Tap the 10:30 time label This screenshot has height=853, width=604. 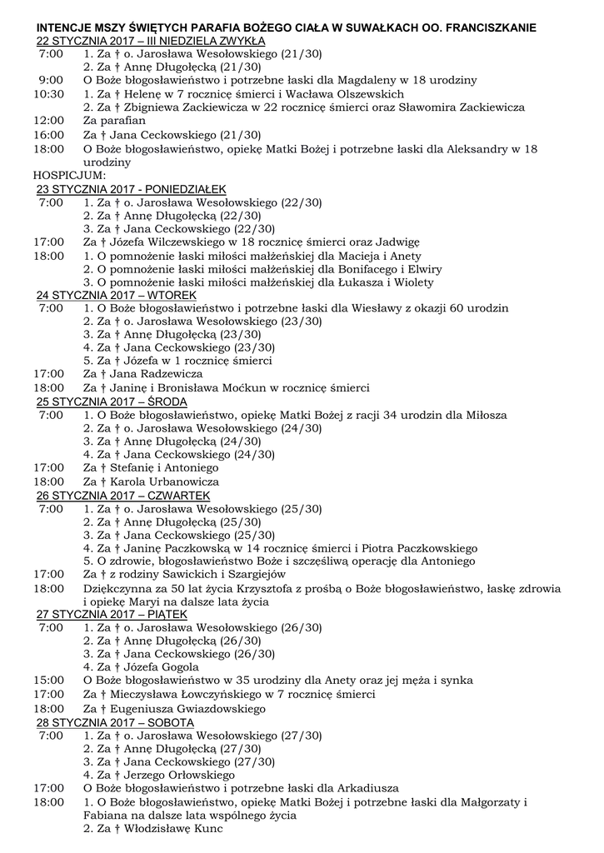[x=48, y=94]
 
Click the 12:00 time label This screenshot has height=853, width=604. [x=48, y=121]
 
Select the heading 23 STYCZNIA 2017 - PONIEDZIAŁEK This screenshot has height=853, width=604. [x=132, y=189]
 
